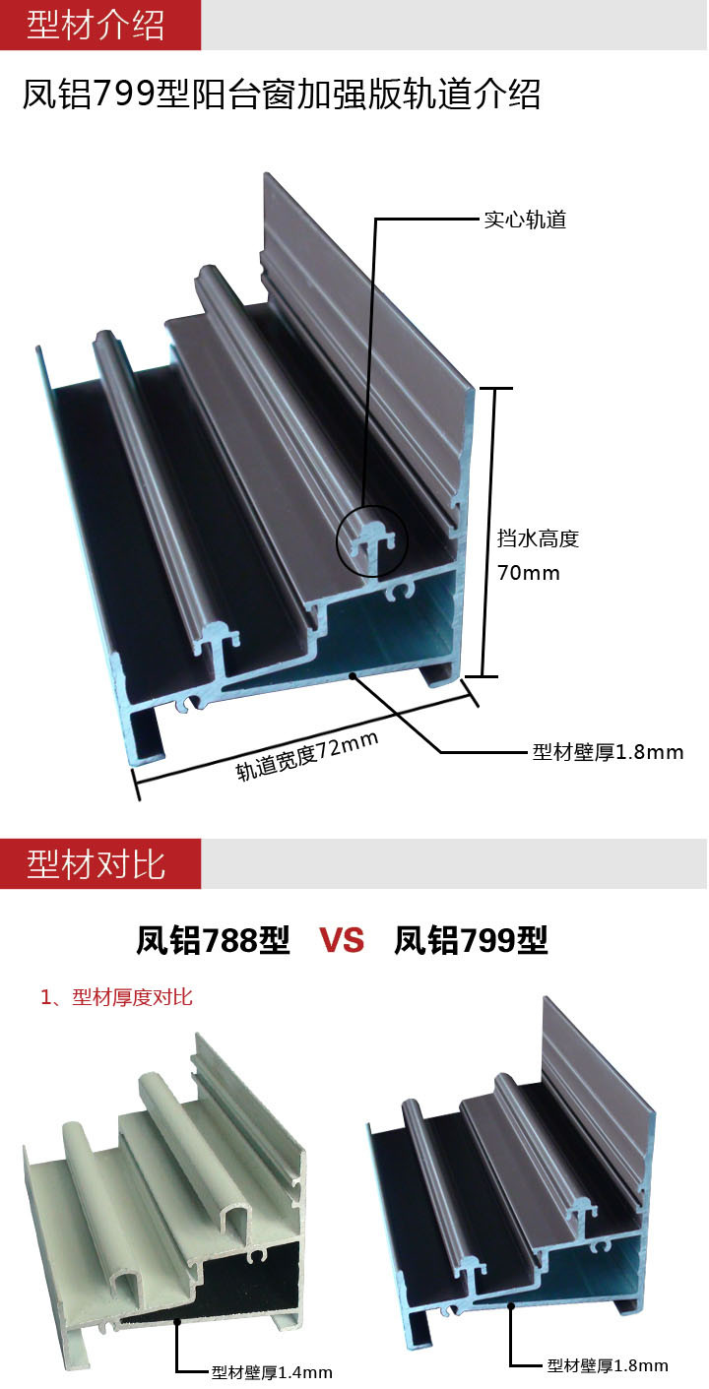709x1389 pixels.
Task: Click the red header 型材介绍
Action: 96,25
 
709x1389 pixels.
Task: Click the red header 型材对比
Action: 96,864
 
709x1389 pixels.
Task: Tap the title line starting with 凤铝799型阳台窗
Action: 282,97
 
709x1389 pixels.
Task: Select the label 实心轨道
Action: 525,220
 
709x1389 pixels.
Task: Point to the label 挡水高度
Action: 538,538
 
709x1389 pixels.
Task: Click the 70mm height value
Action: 529,572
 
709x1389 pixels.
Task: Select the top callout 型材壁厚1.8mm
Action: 607,752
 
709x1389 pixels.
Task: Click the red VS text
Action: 342,941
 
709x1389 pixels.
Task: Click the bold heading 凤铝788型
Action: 213,941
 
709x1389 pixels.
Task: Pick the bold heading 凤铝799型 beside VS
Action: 471,941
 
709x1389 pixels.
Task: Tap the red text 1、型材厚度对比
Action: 116,997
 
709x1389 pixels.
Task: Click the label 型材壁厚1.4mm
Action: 272,1371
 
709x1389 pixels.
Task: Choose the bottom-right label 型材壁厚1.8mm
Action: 607,1365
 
